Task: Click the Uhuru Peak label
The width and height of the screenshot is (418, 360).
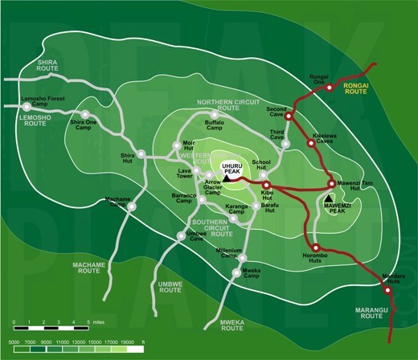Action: (x=232, y=162)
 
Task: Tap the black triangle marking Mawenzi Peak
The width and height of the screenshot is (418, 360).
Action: (x=330, y=196)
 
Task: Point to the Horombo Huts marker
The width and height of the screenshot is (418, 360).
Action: (x=316, y=247)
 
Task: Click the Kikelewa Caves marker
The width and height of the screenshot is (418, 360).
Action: (x=311, y=144)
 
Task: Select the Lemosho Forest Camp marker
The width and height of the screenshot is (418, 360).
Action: (x=26, y=105)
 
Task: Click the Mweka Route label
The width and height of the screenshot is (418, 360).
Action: (x=232, y=325)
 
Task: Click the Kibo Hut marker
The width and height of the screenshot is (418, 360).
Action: (x=288, y=184)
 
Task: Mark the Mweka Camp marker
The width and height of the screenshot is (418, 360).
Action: (x=236, y=272)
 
